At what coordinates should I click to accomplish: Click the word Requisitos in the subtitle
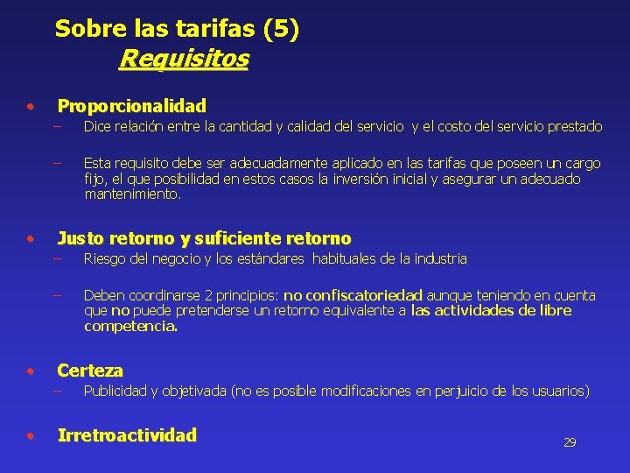pos(184,59)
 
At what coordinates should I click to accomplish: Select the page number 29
pos(570,442)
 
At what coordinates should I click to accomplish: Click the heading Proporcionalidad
pos(131,106)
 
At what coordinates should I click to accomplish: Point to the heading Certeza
pos(90,371)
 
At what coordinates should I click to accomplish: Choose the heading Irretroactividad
pos(127,435)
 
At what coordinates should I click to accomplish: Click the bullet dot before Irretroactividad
pos(31,435)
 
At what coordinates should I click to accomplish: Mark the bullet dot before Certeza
pos(31,371)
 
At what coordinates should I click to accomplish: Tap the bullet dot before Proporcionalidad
pos(31,107)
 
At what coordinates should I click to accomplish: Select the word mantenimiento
pos(130,194)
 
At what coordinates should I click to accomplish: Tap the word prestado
pos(574,126)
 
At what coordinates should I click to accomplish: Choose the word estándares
pos(268,258)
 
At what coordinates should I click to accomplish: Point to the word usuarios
pos(558,391)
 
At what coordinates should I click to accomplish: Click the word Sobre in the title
pos(85,29)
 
